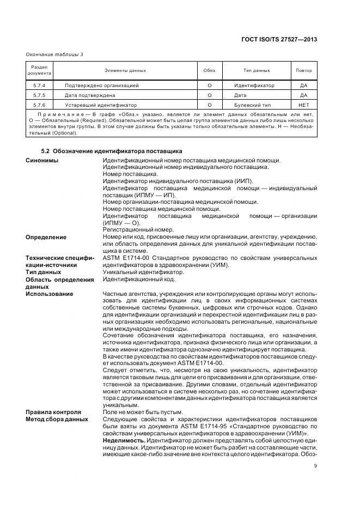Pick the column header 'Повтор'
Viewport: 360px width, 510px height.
click(x=304, y=70)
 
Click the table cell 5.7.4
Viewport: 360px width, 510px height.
click(x=40, y=86)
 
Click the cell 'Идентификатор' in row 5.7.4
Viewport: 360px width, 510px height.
click(x=254, y=86)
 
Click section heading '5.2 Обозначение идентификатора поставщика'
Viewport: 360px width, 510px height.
click(x=112, y=150)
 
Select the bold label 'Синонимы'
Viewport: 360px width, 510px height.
click(x=42, y=160)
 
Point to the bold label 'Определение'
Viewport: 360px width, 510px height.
click(x=46, y=237)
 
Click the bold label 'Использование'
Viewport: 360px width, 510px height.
click(x=49, y=294)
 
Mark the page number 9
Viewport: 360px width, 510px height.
click(x=315, y=465)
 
